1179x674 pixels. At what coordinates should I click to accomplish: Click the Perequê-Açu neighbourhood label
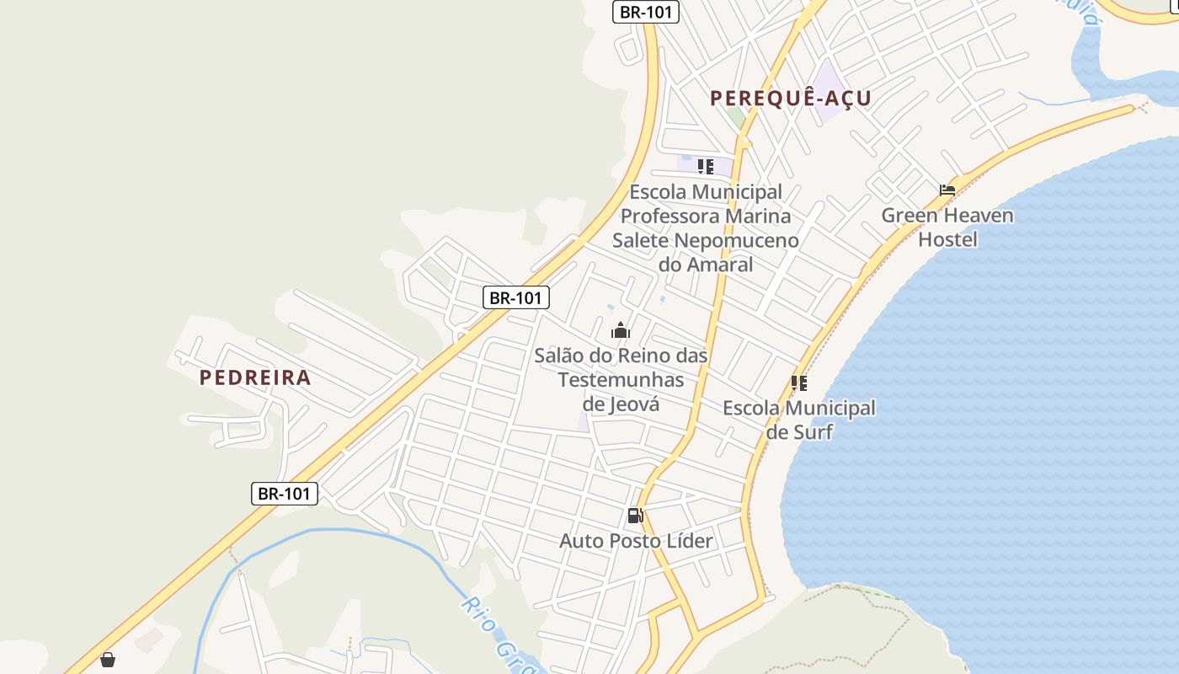pos(790,99)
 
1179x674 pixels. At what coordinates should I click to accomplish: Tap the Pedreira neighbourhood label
pos(255,377)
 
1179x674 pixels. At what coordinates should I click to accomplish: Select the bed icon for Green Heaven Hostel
pos(947,190)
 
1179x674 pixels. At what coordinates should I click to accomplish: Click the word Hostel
pos(947,240)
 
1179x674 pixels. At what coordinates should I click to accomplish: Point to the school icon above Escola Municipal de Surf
pos(799,383)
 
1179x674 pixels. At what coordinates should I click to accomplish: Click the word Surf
pos(814,432)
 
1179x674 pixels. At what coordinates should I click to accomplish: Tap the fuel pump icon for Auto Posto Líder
pos(636,515)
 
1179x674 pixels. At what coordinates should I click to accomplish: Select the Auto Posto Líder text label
pos(636,541)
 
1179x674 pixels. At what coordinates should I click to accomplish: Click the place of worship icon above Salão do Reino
pos(621,329)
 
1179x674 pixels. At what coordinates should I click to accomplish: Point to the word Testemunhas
pos(622,380)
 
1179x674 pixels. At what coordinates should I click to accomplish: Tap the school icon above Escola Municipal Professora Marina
pos(706,166)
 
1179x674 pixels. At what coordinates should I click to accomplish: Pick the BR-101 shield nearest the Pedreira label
pos(285,494)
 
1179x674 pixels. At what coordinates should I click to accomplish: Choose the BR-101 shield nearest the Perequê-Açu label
pos(646,12)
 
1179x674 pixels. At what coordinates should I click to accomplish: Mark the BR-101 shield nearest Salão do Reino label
pos(516,297)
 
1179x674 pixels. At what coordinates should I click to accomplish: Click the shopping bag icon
pos(108,660)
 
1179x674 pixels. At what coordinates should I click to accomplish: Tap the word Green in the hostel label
pos(909,216)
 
